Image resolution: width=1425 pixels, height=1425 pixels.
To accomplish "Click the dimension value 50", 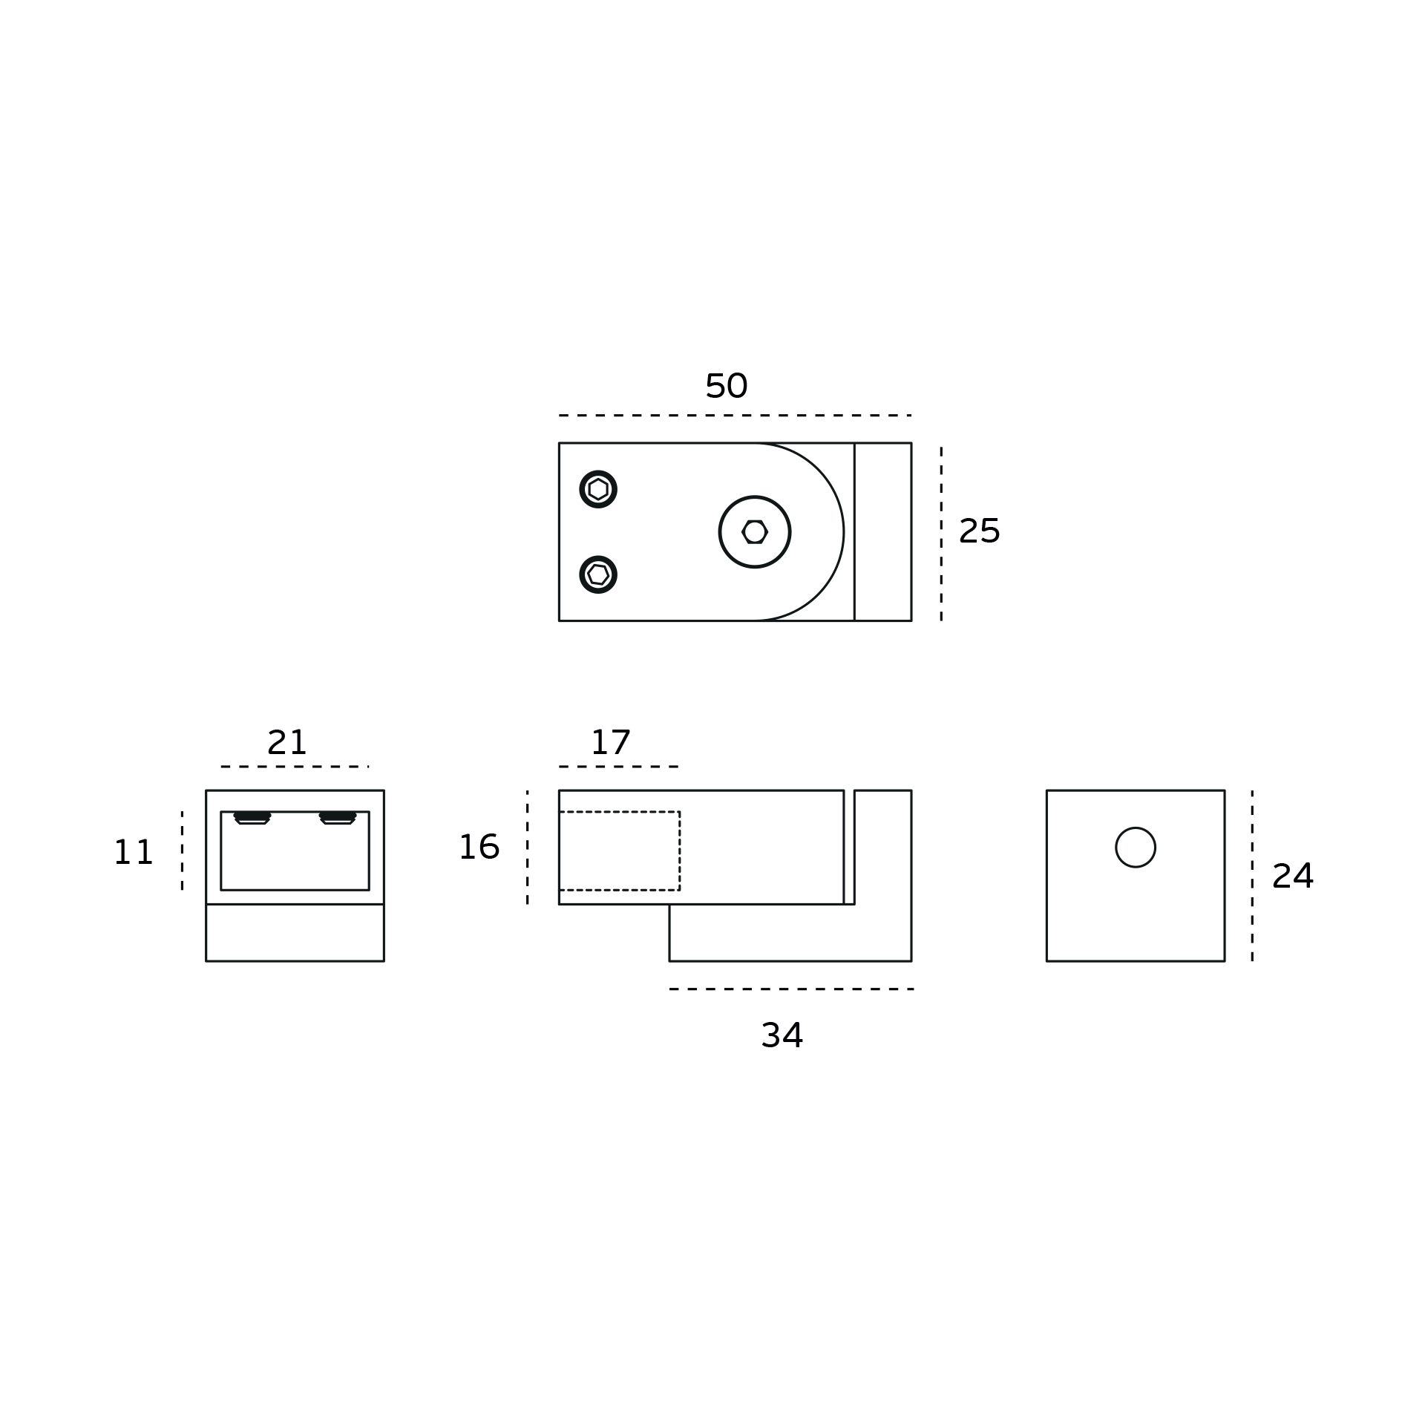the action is click(x=726, y=386).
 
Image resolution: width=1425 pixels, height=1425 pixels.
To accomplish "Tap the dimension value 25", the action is click(x=980, y=531).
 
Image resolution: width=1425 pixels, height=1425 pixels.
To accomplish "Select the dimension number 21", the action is click(x=286, y=742).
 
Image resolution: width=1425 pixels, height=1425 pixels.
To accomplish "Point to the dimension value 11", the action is click(x=134, y=852).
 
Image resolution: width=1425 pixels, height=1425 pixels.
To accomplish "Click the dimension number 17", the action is click(x=610, y=742).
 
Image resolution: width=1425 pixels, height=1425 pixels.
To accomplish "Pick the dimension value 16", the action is click(x=479, y=847).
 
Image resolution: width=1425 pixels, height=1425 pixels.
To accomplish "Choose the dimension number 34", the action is click(x=782, y=1035).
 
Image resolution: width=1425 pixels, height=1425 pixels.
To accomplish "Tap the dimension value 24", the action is click(x=1293, y=876).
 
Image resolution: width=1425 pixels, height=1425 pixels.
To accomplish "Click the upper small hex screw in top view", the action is click(x=598, y=489).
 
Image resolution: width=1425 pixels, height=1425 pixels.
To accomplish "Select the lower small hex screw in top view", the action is click(x=598, y=574).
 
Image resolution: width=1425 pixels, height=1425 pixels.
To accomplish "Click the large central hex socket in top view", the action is click(x=755, y=531).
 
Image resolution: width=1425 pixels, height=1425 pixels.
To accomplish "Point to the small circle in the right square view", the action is click(x=1136, y=847).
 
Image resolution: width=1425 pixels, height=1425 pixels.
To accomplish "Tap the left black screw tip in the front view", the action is click(x=252, y=818).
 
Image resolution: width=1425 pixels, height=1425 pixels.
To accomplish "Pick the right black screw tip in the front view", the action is click(x=338, y=818).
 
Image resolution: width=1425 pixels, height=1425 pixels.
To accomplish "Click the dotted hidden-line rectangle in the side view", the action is click(x=619, y=851).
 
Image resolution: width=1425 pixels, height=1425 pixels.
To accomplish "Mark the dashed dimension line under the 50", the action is click(x=735, y=415).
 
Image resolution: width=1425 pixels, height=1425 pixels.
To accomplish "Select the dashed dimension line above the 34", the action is click(x=790, y=989).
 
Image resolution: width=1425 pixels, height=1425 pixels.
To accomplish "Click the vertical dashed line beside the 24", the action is click(x=1252, y=876).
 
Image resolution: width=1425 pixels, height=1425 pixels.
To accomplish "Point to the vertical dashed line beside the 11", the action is click(x=182, y=851).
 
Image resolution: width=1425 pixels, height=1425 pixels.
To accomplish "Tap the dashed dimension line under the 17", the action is click(x=619, y=766).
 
